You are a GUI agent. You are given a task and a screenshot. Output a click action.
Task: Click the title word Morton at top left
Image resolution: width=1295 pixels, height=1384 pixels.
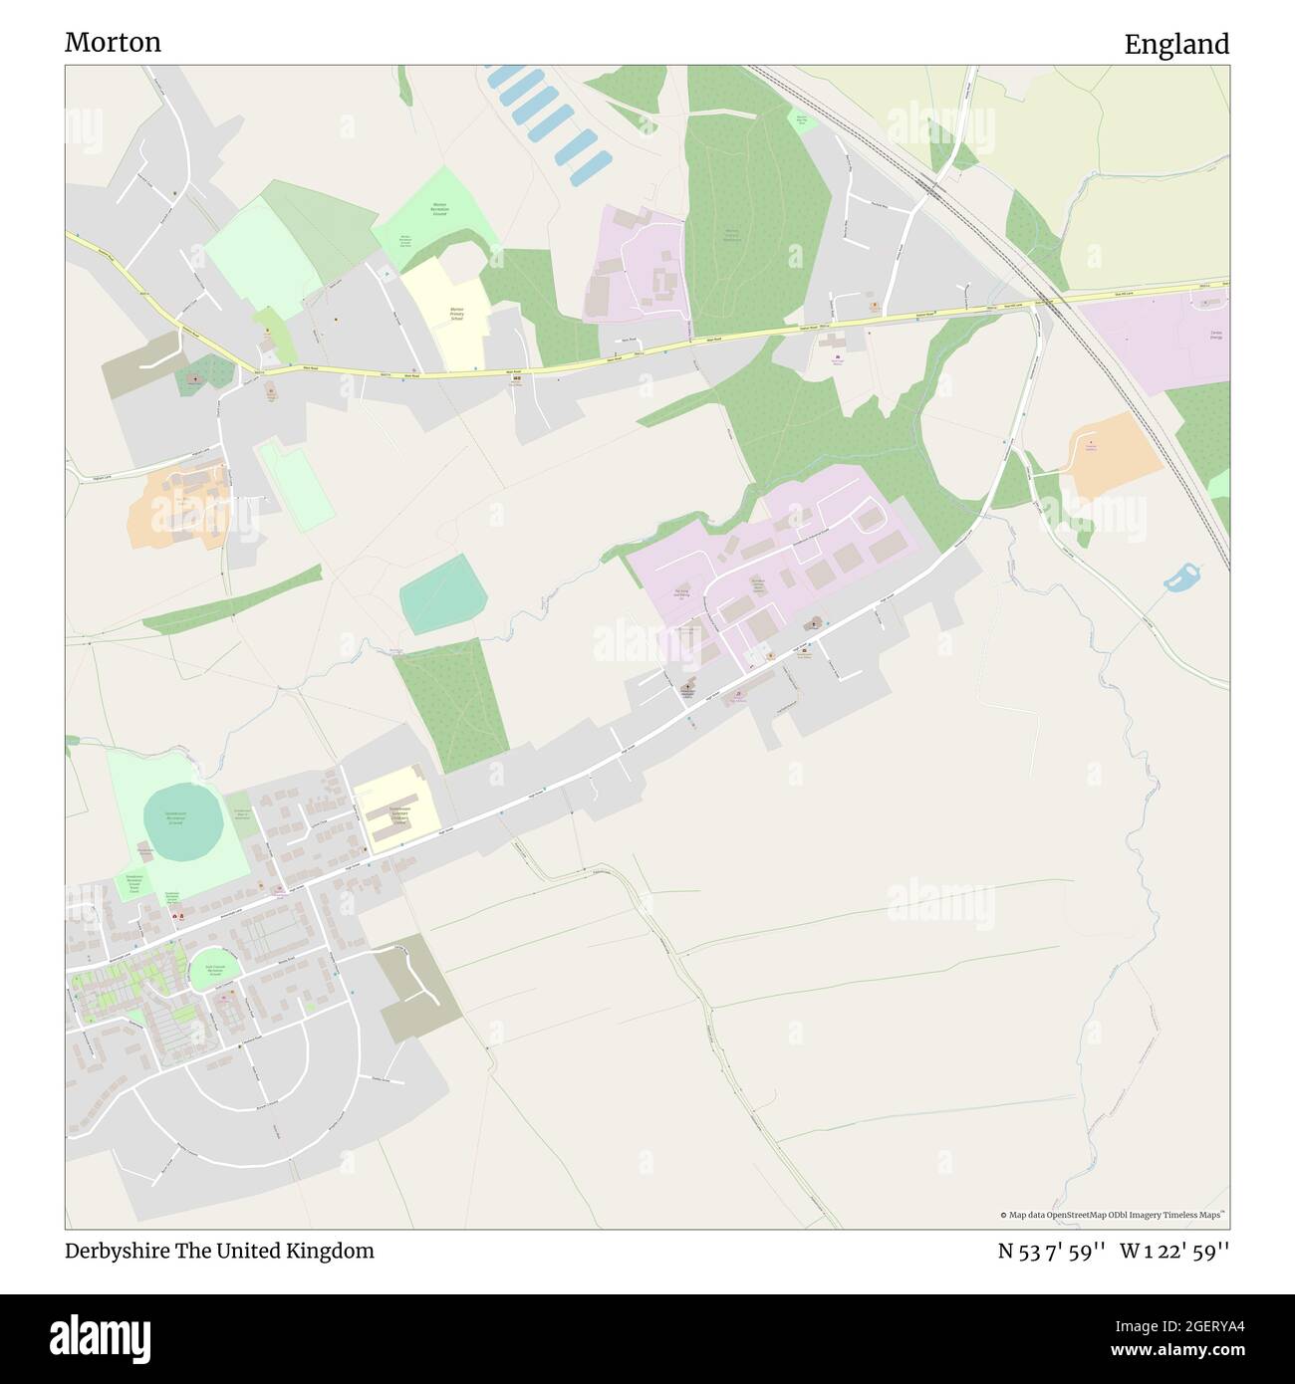tap(113, 42)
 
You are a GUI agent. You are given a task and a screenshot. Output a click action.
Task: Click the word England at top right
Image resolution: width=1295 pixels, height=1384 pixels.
tap(1176, 44)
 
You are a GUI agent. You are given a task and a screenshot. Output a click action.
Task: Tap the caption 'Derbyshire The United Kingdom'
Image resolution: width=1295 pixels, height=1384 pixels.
tap(219, 1251)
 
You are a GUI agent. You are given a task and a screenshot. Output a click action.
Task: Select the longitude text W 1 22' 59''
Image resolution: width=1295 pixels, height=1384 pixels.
tap(1175, 1251)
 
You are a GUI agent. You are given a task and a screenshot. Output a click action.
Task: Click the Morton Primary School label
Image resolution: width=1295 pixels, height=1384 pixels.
tap(457, 313)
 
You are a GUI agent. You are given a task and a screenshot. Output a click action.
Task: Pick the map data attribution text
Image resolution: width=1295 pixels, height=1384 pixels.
tap(1114, 1215)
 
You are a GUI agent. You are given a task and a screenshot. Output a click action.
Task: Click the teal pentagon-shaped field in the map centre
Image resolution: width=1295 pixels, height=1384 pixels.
tap(443, 594)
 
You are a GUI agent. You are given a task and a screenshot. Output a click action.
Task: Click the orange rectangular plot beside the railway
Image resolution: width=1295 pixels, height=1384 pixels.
tap(1116, 456)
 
